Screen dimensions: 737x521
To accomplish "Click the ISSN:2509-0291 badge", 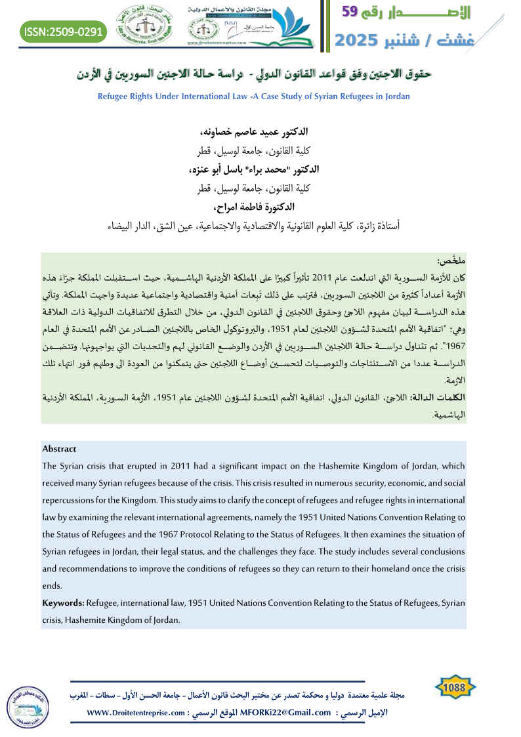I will [62, 30].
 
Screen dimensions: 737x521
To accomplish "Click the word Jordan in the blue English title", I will [396, 96].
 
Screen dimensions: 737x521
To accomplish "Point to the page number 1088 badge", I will [455, 686].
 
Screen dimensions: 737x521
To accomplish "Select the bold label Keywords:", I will [62, 602].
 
